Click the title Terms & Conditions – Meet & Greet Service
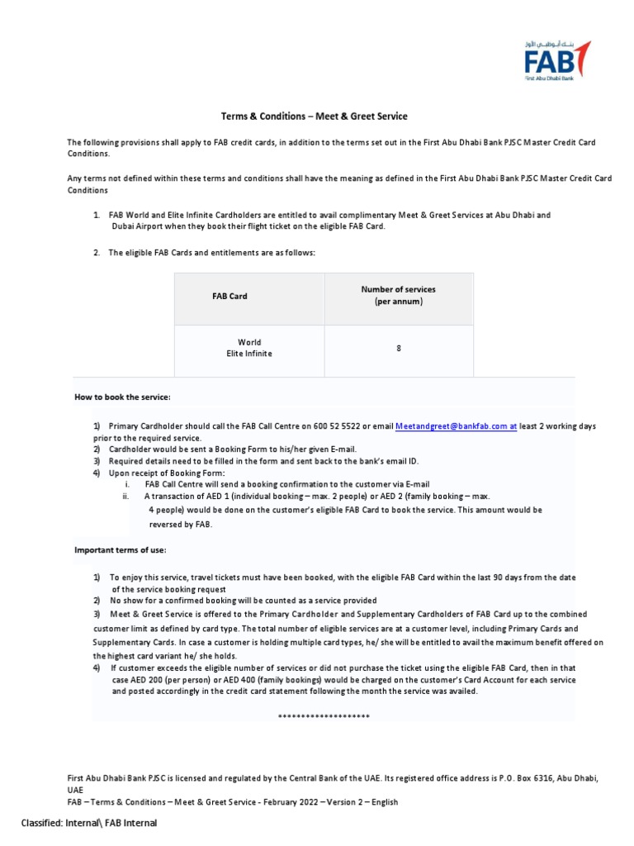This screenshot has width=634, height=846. click(314, 116)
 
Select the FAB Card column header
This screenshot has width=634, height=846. click(230, 296)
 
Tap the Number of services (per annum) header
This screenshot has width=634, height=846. click(398, 296)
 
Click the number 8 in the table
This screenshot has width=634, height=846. click(399, 349)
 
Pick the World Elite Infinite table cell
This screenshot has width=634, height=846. click(248, 348)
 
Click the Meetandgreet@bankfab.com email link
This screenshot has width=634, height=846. click(456, 426)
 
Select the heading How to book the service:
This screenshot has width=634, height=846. click(122, 397)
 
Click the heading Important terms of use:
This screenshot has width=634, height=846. click(121, 549)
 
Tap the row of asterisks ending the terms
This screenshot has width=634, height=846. click(324, 715)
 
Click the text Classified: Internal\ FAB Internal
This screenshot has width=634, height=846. click(89, 823)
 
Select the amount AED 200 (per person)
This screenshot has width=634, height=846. click(166, 679)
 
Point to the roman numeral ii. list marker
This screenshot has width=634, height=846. click(126, 497)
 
